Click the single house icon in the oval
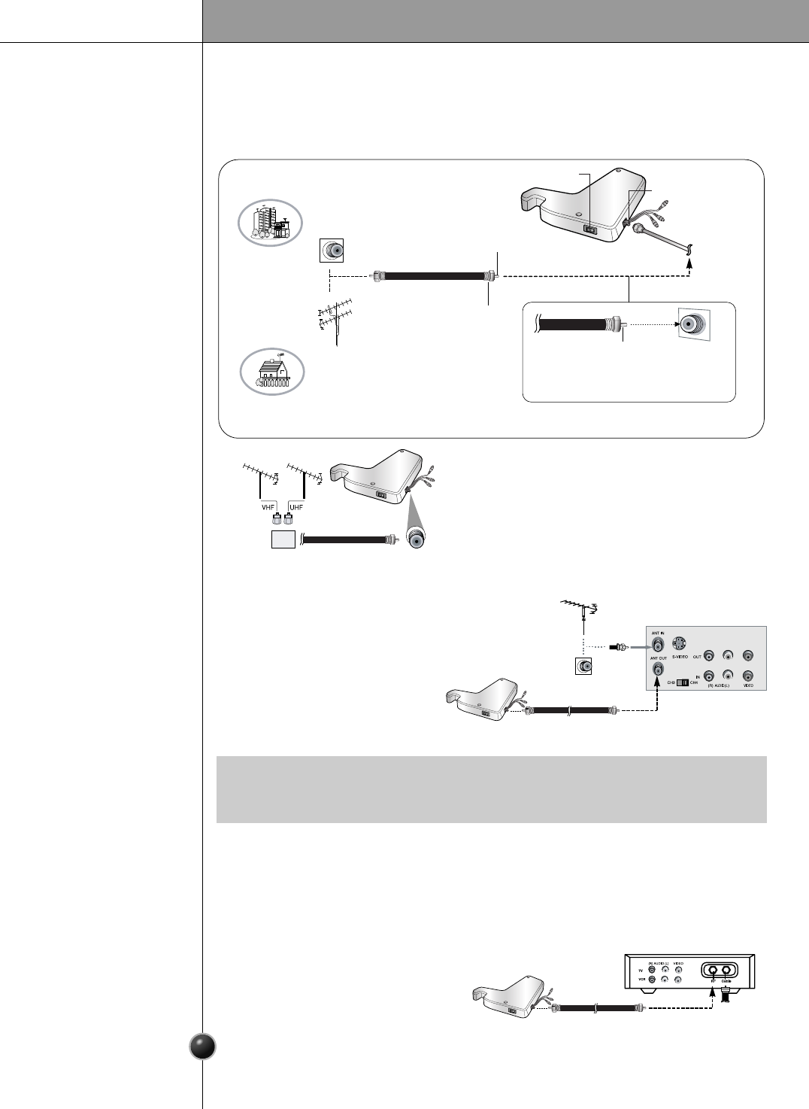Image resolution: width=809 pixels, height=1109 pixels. (271, 372)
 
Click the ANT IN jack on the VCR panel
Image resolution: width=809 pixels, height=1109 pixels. (658, 645)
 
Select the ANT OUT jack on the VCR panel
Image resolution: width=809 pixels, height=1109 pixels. (659, 668)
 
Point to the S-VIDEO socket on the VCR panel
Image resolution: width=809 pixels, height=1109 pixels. (680, 644)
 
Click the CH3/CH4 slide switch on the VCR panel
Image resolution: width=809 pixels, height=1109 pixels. (683, 683)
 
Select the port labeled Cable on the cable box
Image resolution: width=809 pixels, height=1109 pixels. (726, 970)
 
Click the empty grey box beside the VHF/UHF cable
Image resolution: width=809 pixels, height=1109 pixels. (283, 539)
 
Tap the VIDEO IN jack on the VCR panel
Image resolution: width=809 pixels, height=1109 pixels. (747, 676)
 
